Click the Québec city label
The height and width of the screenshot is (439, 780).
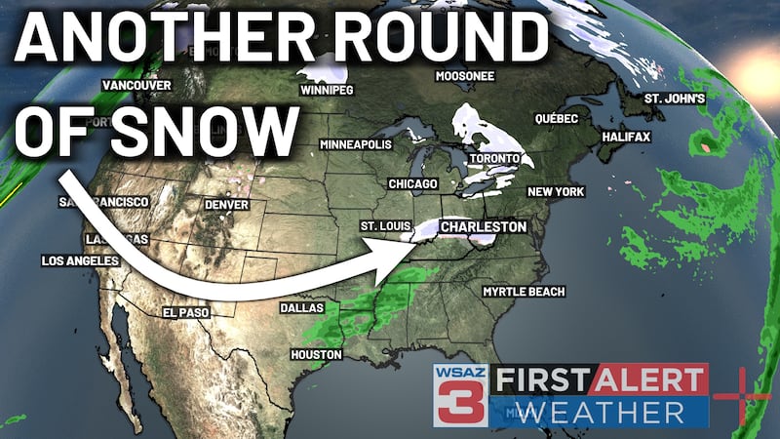pos(557,118)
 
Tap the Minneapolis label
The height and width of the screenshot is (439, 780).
pos(356,144)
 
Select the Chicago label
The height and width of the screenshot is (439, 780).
pos(412,183)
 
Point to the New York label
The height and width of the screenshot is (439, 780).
pos(556,192)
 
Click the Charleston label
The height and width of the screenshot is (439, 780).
pos(484,226)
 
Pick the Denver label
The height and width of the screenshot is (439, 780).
pos(226,205)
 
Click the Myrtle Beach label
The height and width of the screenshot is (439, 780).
pos(518,292)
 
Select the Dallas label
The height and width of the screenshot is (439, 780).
pos(302,306)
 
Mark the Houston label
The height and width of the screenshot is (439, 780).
pos(316,354)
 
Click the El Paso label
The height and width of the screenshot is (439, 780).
pos(184,312)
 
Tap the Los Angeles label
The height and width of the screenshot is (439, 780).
pos(79,261)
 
